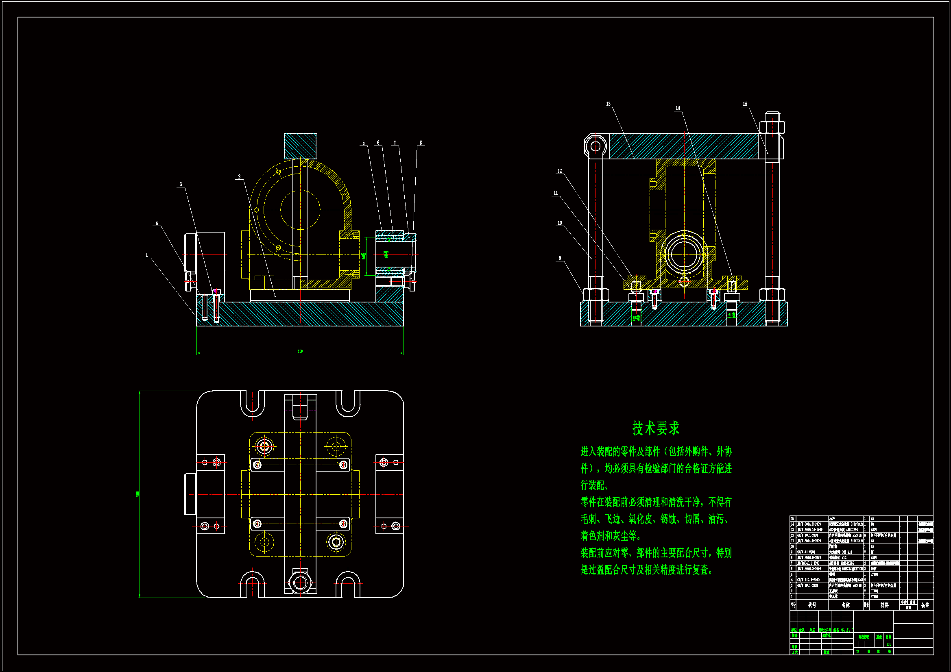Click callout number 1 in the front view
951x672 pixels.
point(146,255)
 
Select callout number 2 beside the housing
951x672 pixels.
point(239,177)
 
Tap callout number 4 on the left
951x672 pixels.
point(157,223)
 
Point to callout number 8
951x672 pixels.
point(421,143)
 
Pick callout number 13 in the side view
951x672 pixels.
point(608,104)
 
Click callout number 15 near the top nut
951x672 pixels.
point(745,104)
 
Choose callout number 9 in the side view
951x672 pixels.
point(560,259)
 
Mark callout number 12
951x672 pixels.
point(560,171)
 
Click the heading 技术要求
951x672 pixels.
point(656,428)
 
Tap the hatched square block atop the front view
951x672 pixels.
point(300,146)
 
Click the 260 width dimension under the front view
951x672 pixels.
point(300,351)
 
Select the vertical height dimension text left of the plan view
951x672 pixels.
point(138,494)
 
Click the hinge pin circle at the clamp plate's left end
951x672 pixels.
point(595,146)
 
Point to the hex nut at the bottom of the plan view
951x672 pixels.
point(300,583)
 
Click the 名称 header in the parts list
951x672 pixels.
point(845,605)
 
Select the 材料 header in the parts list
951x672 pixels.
point(884,605)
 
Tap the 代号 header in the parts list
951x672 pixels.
point(812,605)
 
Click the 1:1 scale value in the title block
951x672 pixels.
point(888,644)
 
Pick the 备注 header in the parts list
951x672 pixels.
point(925,605)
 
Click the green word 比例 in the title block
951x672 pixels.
point(888,637)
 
